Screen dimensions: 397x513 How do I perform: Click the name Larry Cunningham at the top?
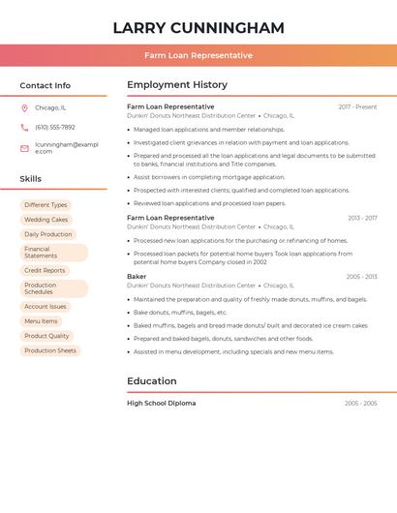(x=198, y=28)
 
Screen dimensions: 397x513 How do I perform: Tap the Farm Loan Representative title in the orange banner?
(x=198, y=55)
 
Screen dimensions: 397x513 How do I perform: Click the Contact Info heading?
(x=45, y=85)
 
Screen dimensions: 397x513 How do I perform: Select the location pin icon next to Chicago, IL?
(x=24, y=108)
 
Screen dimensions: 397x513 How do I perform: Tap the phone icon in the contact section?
(x=24, y=127)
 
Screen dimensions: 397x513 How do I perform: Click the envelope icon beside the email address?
(x=24, y=148)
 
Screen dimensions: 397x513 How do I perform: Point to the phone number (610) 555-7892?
(x=55, y=127)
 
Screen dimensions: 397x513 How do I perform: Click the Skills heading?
(x=31, y=179)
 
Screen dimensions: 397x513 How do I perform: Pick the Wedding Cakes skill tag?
(x=46, y=220)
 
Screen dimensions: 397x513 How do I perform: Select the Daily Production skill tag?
(x=48, y=234)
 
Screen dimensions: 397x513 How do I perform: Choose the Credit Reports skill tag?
(x=45, y=271)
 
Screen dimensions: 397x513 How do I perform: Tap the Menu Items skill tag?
(x=41, y=321)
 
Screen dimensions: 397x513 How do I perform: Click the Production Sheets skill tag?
(x=50, y=350)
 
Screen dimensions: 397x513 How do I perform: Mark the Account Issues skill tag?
(x=46, y=307)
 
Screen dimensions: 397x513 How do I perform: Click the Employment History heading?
(x=177, y=85)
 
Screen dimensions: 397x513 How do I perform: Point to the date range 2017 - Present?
(x=357, y=106)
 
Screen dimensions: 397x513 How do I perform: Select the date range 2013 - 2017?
(x=362, y=218)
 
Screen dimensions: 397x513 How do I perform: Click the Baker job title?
(x=137, y=277)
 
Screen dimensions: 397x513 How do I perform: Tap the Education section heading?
(x=152, y=381)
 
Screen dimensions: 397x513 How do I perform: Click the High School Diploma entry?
(x=161, y=403)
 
